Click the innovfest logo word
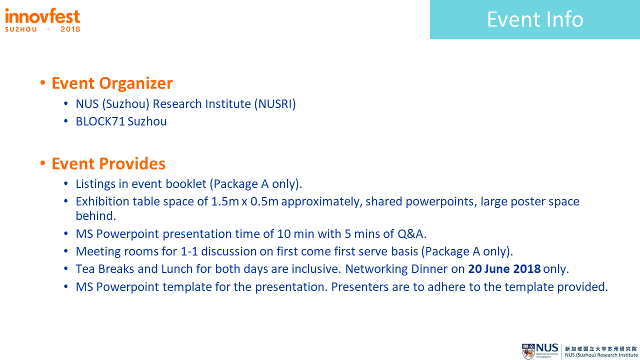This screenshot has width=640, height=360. (42, 16)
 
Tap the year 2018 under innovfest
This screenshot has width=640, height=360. (70, 29)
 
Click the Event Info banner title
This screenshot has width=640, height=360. (535, 19)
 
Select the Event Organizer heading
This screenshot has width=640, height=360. (112, 83)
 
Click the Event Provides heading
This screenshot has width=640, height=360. (108, 163)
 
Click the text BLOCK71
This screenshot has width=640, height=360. (100, 121)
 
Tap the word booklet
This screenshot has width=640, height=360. (186, 184)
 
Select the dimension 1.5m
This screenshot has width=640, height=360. (225, 201)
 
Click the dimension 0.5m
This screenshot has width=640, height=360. (264, 201)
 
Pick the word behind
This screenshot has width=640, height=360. (95, 216)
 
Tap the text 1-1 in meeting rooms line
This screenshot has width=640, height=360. (189, 251)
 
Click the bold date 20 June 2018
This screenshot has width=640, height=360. (504, 269)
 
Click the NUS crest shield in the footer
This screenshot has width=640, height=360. (528, 351)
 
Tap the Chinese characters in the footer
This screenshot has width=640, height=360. (601, 349)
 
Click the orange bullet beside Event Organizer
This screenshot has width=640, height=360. (43, 83)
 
